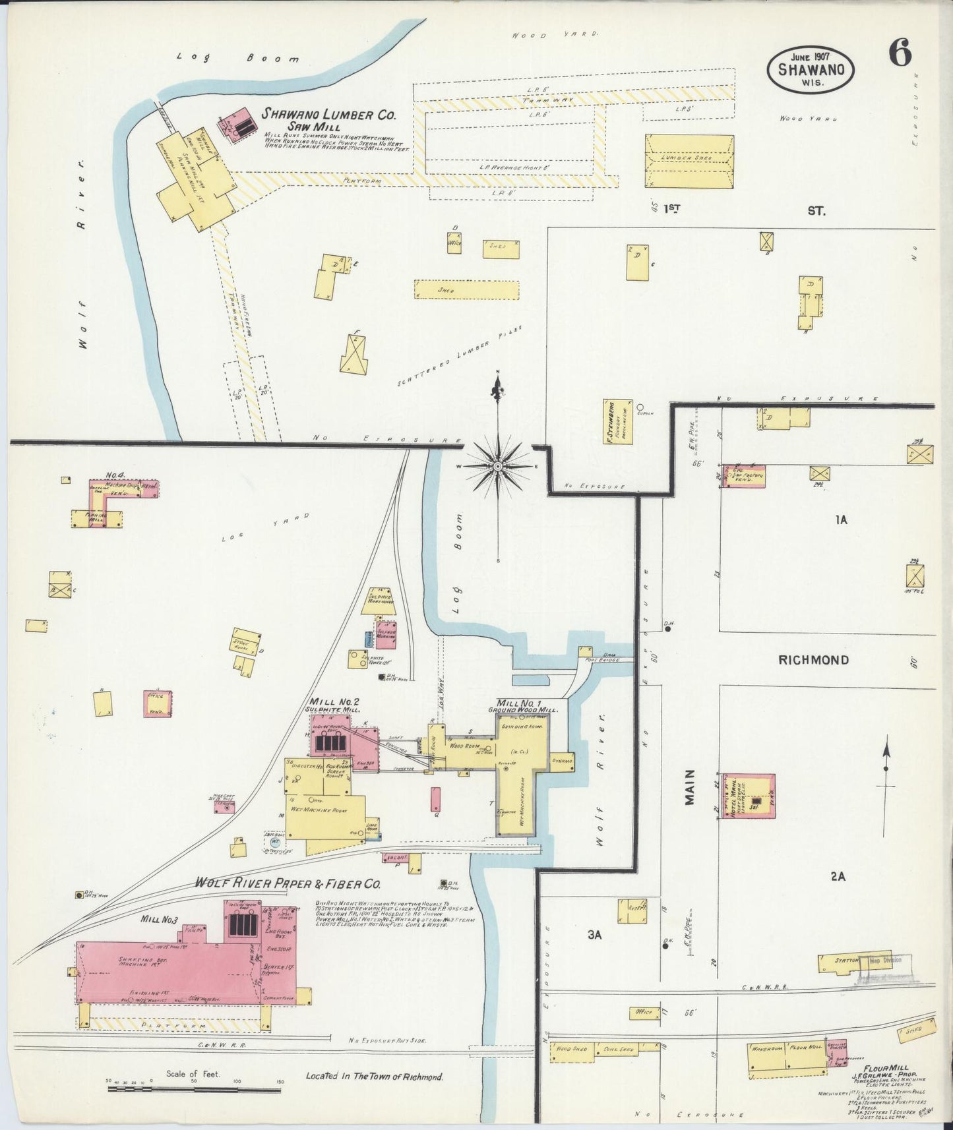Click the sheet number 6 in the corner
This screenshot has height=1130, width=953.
pyautogui.click(x=900, y=53)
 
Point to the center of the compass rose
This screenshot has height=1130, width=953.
pyautogui.click(x=498, y=466)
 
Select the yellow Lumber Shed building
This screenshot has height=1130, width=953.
pyautogui.click(x=689, y=162)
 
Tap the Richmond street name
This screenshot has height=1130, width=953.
pyautogui.click(x=813, y=660)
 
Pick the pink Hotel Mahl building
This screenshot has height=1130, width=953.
pyautogui.click(x=749, y=796)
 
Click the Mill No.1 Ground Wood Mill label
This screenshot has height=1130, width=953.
pyautogui.click(x=523, y=705)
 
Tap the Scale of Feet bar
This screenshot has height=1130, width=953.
pyautogui.click(x=195, y=1082)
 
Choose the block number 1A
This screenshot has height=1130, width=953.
pyautogui.click(x=841, y=520)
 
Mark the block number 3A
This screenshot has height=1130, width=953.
pyautogui.click(x=596, y=935)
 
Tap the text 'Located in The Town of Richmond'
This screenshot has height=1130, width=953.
pyautogui.click(x=374, y=1077)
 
